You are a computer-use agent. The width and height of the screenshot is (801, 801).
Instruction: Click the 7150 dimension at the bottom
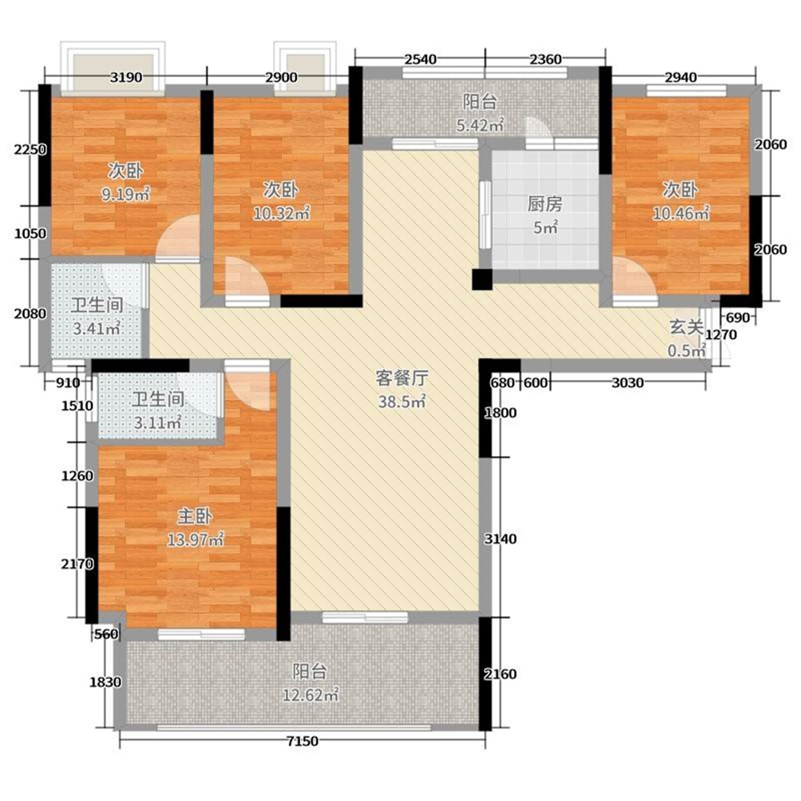(x=303, y=741)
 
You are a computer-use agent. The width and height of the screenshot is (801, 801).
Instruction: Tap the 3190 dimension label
(x=127, y=78)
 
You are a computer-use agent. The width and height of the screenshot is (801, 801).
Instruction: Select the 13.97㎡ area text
(x=195, y=540)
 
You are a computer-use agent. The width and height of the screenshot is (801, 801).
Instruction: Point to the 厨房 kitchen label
(x=545, y=205)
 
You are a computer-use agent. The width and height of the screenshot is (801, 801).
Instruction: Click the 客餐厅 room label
(x=402, y=378)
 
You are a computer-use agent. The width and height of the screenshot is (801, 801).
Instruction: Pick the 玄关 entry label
(x=686, y=328)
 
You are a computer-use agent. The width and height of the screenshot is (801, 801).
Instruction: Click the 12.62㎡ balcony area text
(x=310, y=695)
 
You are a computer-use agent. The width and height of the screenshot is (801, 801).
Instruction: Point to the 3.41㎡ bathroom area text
(x=97, y=329)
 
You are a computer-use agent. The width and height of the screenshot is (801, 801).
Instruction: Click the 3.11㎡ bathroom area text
(x=158, y=423)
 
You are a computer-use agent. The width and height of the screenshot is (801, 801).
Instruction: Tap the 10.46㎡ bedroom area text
(x=681, y=213)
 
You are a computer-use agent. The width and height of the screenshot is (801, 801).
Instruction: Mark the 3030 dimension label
(x=628, y=382)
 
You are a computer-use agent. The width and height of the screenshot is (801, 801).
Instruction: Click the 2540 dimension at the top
(x=421, y=60)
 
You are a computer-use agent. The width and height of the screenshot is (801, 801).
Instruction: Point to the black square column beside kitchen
(x=482, y=280)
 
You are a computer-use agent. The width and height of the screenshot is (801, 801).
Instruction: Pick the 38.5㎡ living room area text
(x=402, y=401)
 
